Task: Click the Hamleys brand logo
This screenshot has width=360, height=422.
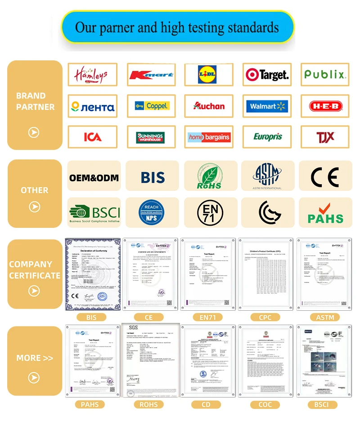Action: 92,74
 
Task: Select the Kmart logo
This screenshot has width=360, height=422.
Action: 150,75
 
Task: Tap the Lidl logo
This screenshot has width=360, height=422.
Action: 208,75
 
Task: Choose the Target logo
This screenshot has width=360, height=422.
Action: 267,75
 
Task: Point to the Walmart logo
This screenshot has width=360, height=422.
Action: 267,106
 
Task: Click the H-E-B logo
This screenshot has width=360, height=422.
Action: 325,106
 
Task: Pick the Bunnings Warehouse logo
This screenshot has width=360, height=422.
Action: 150,137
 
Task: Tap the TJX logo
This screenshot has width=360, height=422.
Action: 325,137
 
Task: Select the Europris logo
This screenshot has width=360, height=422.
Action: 267,137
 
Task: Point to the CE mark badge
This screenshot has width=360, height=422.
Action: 325,176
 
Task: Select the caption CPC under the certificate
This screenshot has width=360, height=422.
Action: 265,318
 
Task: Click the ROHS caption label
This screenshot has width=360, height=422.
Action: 148,405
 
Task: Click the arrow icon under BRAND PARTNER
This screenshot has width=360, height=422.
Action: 34,132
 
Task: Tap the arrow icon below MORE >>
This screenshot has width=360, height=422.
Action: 34,377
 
